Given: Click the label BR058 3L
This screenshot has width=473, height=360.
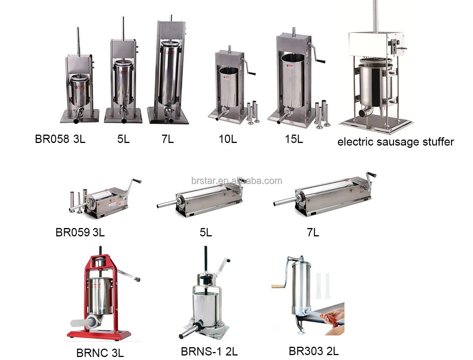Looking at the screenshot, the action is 60,139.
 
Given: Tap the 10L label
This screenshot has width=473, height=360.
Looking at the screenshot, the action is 228,139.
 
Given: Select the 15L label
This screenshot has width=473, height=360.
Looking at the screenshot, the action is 294,139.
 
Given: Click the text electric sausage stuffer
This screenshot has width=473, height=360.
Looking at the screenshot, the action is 395,142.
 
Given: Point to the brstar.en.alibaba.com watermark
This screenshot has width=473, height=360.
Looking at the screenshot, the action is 237,180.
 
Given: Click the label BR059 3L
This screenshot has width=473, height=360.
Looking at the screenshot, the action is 80,233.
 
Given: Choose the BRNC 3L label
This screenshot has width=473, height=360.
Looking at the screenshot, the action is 100,353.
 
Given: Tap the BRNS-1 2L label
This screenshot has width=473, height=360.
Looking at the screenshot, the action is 209,352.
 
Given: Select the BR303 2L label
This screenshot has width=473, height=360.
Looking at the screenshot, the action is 313,351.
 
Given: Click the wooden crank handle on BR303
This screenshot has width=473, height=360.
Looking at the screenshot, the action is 276,287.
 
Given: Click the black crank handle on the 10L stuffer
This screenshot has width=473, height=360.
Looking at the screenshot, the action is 252,74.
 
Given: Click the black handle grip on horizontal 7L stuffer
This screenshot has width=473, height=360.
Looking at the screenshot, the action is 372,174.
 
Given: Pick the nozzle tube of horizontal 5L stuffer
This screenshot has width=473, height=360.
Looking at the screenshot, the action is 167,203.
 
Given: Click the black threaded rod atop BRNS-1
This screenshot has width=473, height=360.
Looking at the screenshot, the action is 206,261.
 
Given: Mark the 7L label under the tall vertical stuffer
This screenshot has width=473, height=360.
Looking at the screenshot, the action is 167,139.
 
